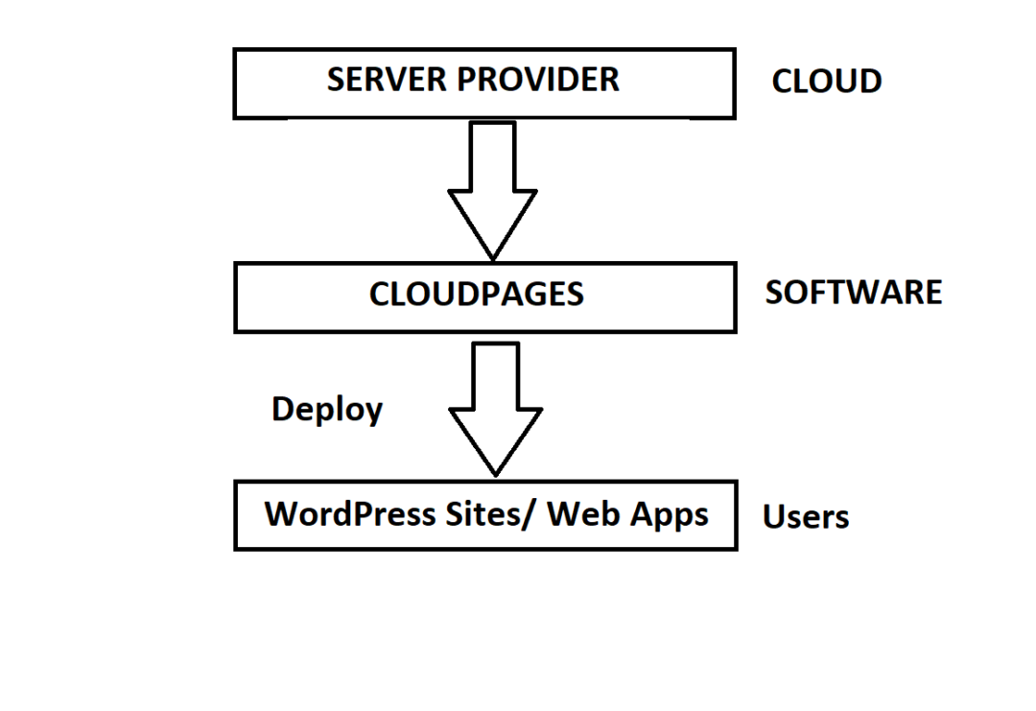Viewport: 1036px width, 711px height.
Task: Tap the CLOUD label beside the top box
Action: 827,82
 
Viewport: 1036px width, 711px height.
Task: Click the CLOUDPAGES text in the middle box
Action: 477,294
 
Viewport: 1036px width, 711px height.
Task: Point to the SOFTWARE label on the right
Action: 853,292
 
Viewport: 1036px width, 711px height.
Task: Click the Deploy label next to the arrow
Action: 327,410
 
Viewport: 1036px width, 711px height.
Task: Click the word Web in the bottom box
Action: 585,514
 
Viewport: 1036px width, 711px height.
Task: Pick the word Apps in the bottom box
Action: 670,515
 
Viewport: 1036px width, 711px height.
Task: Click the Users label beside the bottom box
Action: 806,517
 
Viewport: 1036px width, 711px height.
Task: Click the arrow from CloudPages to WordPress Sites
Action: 495,403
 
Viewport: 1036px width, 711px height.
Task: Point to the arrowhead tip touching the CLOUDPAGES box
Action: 492,258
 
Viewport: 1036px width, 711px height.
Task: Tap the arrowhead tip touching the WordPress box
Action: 495,473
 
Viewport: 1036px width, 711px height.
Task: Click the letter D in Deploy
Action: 281,409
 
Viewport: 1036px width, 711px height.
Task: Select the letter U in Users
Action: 773,517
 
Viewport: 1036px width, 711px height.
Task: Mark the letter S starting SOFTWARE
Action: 775,292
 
